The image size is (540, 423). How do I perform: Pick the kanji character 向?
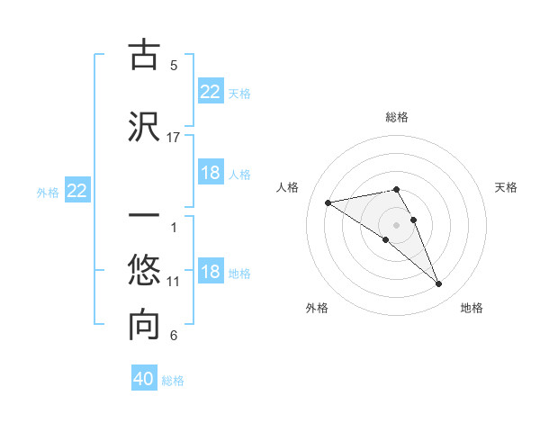pyautogui.click(x=144, y=325)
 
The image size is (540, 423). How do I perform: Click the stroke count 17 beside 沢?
pyautogui.click(x=174, y=137)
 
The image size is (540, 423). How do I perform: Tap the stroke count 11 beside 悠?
pyautogui.click(x=174, y=282)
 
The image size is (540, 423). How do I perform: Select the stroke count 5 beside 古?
pyautogui.click(x=174, y=66)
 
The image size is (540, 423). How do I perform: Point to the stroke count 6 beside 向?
pyautogui.click(x=174, y=337)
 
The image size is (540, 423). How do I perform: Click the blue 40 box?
pyautogui.click(x=144, y=379)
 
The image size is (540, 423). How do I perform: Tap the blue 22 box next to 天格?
pyautogui.click(x=211, y=92)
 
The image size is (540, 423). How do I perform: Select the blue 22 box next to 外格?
pyautogui.click(x=77, y=191)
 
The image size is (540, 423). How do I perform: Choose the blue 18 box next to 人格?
pyautogui.click(x=211, y=173)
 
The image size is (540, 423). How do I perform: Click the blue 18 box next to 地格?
pyautogui.click(x=211, y=272)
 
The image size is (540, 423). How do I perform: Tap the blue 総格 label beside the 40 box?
pyautogui.click(x=173, y=380)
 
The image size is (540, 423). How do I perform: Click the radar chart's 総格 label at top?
pyautogui.click(x=397, y=117)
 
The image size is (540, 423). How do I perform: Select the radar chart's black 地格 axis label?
pyautogui.click(x=472, y=308)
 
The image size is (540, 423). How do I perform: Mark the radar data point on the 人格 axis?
pyautogui.click(x=328, y=202)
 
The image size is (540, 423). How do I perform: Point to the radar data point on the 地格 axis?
pyautogui.click(x=439, y=284)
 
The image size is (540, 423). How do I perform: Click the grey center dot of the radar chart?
pyautogui.click(x=397, y=224)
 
